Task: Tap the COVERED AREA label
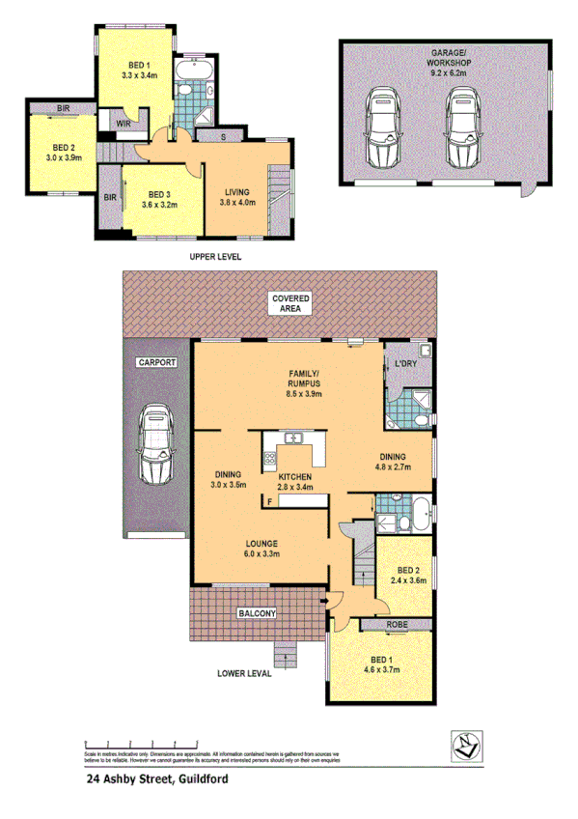pos(290,302)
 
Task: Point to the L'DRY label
pos(405,363)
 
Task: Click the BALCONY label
pos(254,613)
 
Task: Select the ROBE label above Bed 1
pos(397,625)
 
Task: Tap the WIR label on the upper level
pos(124,124)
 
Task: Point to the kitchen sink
pos(294,440)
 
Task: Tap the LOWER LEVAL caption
pos(242,673)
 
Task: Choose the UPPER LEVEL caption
pos(214,257)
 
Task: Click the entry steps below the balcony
pos(287,657)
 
